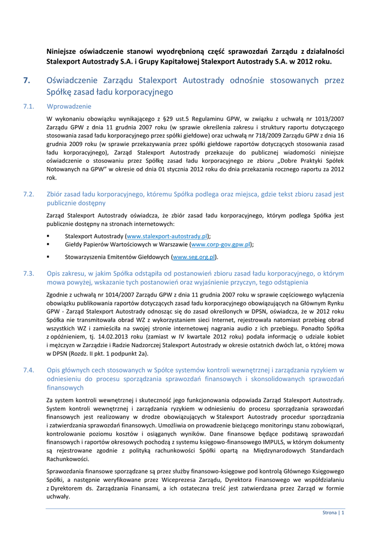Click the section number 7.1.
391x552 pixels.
point(29,106)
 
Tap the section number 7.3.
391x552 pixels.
point(29,273)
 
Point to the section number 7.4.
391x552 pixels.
point(29,370)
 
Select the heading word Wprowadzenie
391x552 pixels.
point(69,106)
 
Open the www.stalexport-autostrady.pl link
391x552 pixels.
point(167,236)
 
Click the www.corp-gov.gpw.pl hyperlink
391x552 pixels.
point(218,244)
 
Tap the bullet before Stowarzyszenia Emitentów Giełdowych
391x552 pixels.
point(49,257)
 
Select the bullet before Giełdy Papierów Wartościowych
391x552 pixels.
point(49,244)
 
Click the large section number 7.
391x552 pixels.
point(26,80)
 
